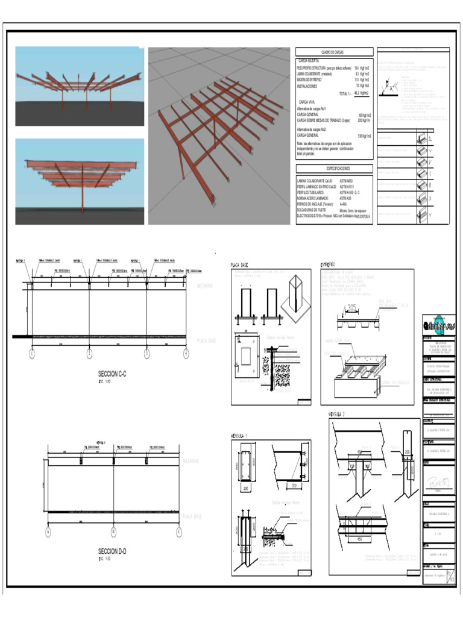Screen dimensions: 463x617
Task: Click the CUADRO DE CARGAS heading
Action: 332,53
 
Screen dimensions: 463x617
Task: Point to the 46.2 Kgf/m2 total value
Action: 362,93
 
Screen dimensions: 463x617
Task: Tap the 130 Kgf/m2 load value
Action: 364,136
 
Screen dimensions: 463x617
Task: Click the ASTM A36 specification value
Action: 345,198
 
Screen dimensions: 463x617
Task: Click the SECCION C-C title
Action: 112,374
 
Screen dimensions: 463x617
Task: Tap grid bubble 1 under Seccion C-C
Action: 31,354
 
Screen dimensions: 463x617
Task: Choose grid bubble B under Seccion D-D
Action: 113,531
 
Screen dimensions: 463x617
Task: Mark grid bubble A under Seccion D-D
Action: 48,531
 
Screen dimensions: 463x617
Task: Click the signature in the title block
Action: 437,483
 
